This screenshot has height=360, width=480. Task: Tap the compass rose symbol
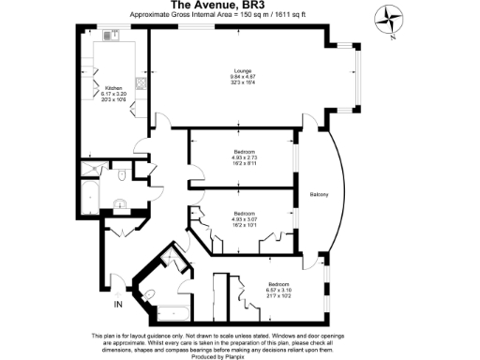386,16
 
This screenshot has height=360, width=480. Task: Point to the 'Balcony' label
319,194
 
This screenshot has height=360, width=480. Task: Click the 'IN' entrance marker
118,305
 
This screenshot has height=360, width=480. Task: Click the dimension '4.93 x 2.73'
244,157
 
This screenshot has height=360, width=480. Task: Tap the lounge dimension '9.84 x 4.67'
242,77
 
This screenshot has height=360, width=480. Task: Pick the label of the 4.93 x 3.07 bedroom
244,213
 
